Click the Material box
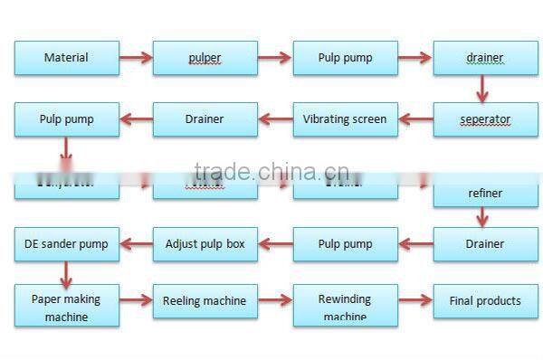pyautogui.click(x=66, y=58)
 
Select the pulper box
pyautogui.click(x=205, y=58)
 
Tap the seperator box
pyautogui.click(x=485, y=119)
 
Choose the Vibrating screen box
pyautogui.click(x=345, y=119)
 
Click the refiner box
pyautogui.click(x=485, y=193)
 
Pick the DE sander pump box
pyautogui.click(x=66, y=244)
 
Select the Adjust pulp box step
pyautogui.click(x=205, y=244)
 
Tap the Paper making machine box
pyautogui.click(x=66, y=307)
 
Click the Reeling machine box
pyautogui.click(x=205, y=301)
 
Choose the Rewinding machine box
pyautogui.click(x=345, y=307)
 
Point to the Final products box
pyautogui.click(x=485, y=301)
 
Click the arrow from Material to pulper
pyautogui.click(x=136, y=58)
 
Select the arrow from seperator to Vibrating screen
pyautogui.click(x=415, y=118)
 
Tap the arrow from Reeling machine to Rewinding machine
pyautogui.click(x=274, y=300)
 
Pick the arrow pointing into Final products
pyautogui.click(x=414, y=300)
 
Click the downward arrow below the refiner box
pyautogui.click(x=483, y=217)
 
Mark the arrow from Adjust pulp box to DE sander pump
pyautogui.click(x=136, y=243)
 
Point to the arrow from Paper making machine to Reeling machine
pyautogui.click(x=136, y=300)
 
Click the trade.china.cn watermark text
pyautogui.click(x=265, y=172)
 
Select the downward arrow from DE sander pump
pyautogui.click(x=65, y=273)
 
